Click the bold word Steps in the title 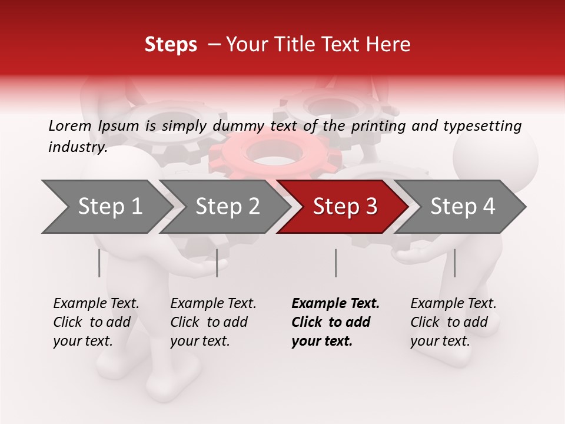pyautogui.click(x=171, y=45)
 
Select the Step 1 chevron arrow pyautogui.click(x=106, y=207)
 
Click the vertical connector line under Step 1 pyautogui.click(x=99, y=263)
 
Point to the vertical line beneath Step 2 pyautogui.click(x=217, y=263)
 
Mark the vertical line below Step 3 pyautogui.click(x=335, y=263)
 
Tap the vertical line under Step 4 pyautogui.click(x=454, y=263)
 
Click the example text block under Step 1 pyautogui.click(x=96, y=322)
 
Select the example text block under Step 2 pyautogui.click(x=213, y=322)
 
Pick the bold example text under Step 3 pyautogui.click(x=335, y=322)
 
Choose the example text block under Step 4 pyautogui.click(x=453, y=322)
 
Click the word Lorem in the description pyautogui.click(x=70, y=125)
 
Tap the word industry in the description pyautogui.click(x=78, y=147)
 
